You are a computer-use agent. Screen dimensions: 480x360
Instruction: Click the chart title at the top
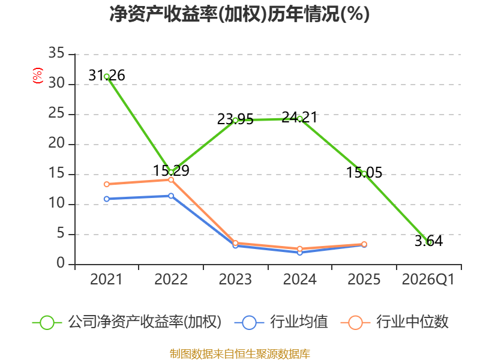click(239, 14)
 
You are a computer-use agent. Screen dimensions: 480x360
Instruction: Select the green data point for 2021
click(107, 77)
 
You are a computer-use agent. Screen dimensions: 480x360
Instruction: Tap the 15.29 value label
click(171, 170)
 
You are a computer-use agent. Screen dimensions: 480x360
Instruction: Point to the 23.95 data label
click(235, 119)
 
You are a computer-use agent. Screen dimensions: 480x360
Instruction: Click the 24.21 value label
click(299, 117)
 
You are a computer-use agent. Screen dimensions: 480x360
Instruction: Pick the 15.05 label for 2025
click(364, 172)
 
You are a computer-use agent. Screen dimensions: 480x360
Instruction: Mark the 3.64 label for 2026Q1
click(428, 241)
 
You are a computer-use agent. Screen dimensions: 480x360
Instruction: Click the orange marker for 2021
click(107, 184)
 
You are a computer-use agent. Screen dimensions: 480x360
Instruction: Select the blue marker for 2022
click(171, 196)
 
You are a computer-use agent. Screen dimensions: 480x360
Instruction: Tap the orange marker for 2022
click(171, 179)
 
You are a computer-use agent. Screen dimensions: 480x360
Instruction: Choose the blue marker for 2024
click(300, 253)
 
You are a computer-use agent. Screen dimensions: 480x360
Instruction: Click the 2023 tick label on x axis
click(235, 280)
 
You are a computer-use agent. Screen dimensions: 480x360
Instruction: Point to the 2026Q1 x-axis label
click(428, 280)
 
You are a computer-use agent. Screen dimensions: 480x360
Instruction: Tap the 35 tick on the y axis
click(56, 53)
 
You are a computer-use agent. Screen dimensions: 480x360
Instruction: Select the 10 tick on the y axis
click(56, 203)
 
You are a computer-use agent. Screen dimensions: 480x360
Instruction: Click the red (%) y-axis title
click(37, 76)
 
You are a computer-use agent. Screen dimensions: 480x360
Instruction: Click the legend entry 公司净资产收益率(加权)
click(127, 322)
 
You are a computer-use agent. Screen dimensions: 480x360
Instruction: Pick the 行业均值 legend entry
click(281, 322)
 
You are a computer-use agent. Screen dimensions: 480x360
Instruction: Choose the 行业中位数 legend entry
click(395, 322)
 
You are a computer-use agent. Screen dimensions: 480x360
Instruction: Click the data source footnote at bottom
click(240, 354)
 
